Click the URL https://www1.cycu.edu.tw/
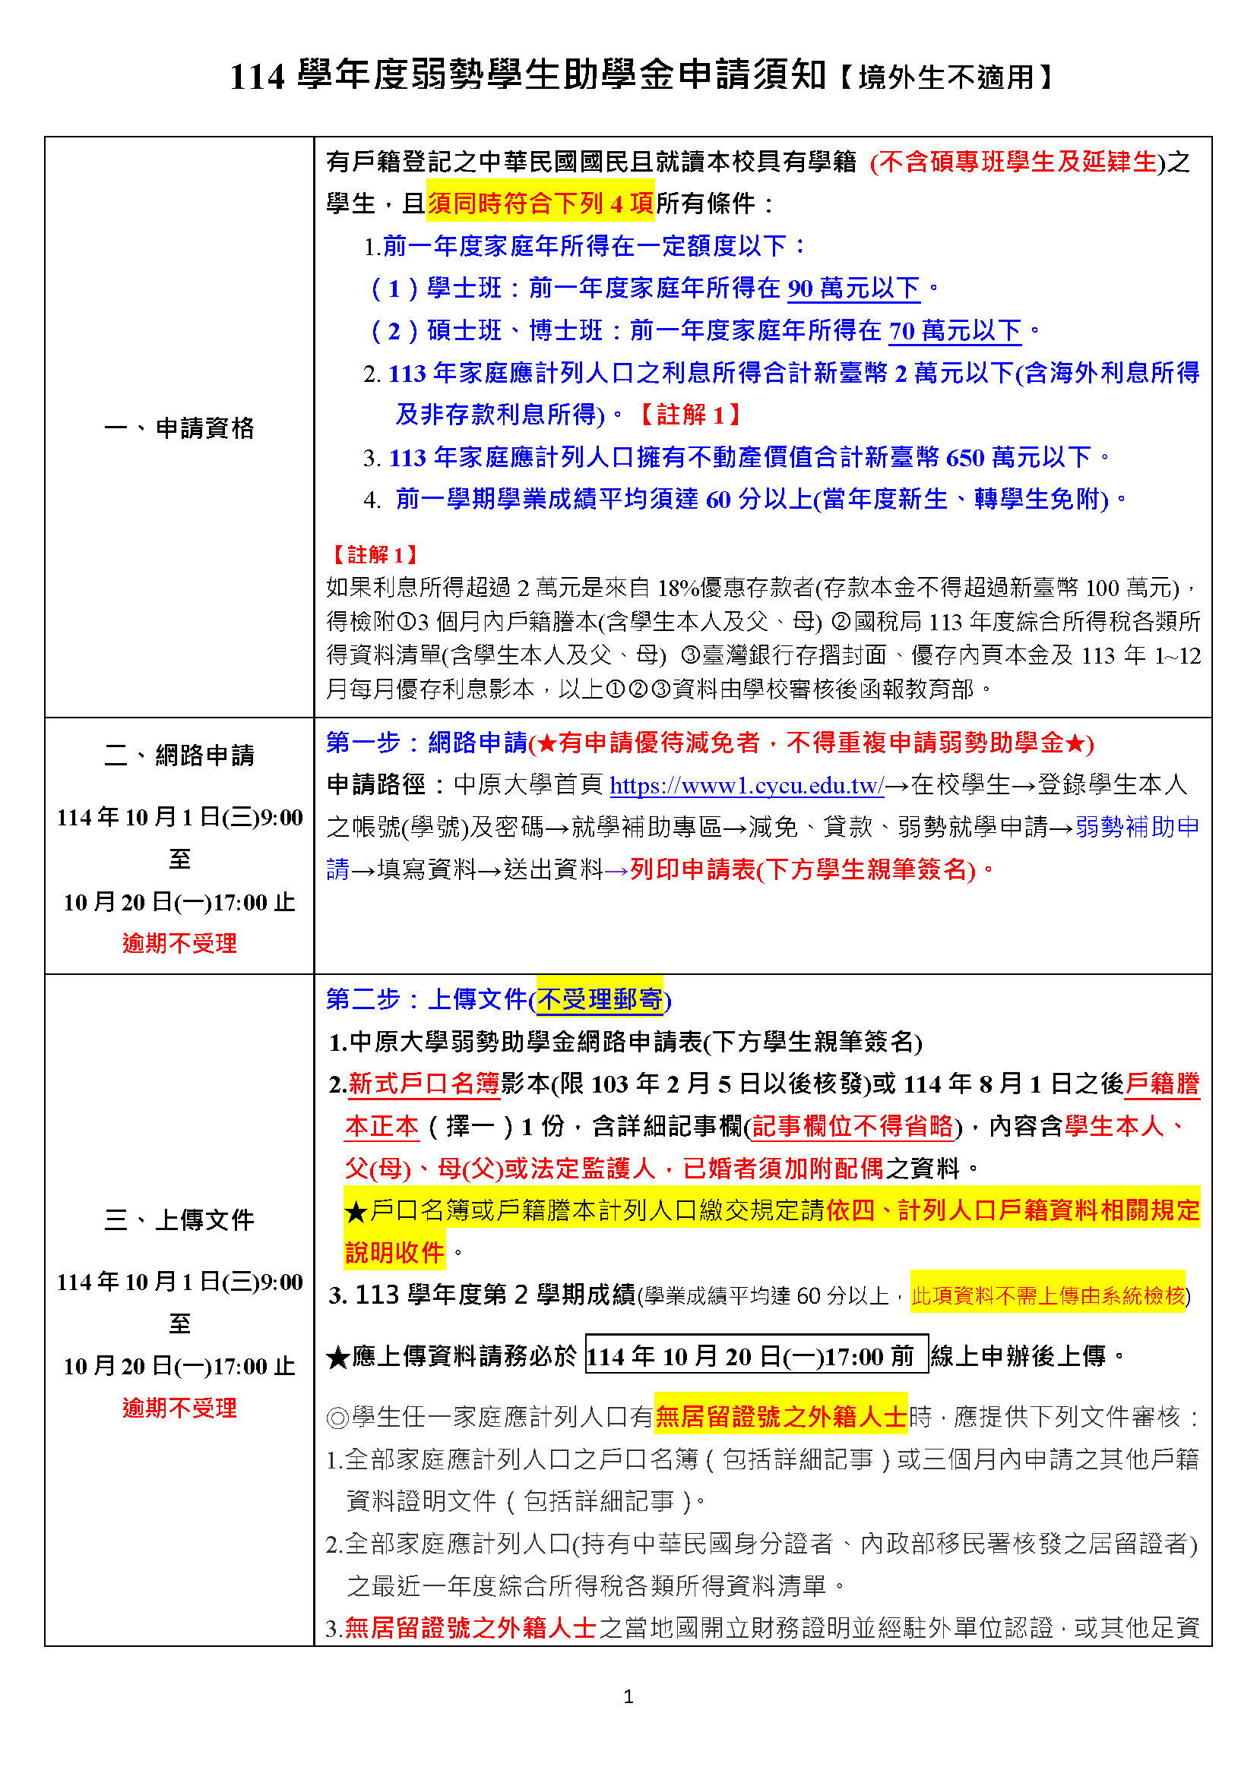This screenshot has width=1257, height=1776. (746, 786)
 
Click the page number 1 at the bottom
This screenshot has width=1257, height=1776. (628, 1696)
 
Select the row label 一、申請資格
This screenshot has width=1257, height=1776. (179, 427)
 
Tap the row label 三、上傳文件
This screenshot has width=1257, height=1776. (179, 1220)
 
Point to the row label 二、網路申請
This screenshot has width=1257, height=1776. (179, 755)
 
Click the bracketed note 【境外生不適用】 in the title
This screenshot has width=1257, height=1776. (945, 77)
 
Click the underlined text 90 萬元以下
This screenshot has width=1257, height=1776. (853, 289)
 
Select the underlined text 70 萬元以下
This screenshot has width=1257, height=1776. (955, 331)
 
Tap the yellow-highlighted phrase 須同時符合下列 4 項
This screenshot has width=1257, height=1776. (540, 203)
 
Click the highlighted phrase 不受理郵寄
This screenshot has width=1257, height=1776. (600, 999)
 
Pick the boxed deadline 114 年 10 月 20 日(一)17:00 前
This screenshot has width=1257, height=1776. (756, 1356)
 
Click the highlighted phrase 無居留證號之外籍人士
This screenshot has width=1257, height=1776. (780, 1417)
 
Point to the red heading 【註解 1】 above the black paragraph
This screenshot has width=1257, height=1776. (375, 554)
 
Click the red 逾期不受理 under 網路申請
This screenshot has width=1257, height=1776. (179, 944)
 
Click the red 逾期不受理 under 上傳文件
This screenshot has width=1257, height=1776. (179, 1408)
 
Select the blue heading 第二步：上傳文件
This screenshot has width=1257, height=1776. (426, 999)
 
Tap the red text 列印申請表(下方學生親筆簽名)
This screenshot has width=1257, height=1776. (803, 870)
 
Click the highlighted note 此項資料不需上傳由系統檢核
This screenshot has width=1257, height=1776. (1047, 1295)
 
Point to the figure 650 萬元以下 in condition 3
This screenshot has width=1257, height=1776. (1018, 458)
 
